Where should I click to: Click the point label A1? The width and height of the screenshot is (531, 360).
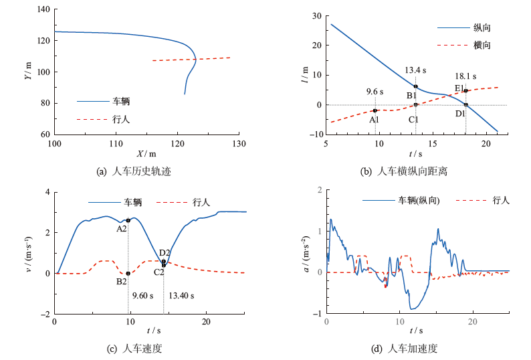pos(374,119)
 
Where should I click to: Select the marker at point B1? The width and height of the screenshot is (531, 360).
pos(416,86)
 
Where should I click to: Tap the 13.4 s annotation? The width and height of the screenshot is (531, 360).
pos(416,70)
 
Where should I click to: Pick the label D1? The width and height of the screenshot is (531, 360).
pos(461,114)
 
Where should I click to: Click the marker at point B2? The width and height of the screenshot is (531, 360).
pos(128,273)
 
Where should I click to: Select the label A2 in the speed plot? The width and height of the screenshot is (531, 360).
pos(122,228)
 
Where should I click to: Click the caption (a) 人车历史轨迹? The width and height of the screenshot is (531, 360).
pos(134,171)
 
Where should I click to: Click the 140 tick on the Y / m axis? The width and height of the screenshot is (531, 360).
pos(43,9)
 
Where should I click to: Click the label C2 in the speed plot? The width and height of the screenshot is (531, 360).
pos(159,272)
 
